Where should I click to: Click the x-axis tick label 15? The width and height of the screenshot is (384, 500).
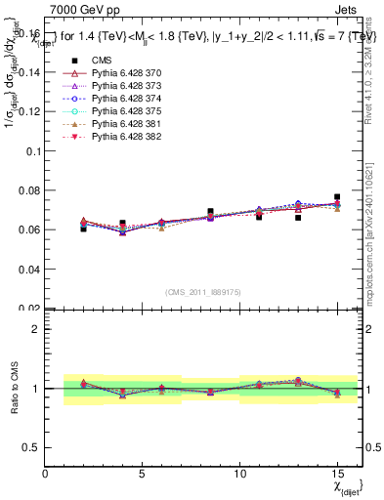click(x=337, y=474)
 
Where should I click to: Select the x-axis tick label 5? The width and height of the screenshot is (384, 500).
click(x=143, y=474)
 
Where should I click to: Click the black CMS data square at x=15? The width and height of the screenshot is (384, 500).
click(x=337, y=197)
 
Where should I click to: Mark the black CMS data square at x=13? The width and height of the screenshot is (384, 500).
click(x=298, y=218)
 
